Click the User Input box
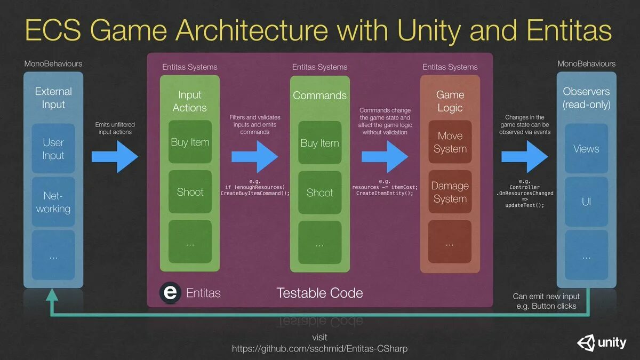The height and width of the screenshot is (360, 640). (53, 149)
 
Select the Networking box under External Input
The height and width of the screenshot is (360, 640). (53, 202)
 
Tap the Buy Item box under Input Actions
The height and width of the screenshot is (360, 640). (190, 142)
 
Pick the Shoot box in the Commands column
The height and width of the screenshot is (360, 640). (320, 193)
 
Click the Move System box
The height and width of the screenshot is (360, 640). (450, 142)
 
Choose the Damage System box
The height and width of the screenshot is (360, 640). (450, 192)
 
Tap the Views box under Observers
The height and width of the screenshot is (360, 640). (586, 149)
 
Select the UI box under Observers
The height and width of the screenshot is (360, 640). (586, 202)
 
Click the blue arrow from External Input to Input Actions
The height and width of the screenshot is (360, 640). (115, 156)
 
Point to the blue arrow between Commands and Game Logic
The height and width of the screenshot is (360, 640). (385, 156)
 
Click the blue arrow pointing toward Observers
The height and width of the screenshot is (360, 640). (524, 156)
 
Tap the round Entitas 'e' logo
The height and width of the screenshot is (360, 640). (170, 293)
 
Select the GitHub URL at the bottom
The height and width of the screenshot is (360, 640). (319, 349)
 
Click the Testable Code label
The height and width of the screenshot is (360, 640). (319, 293)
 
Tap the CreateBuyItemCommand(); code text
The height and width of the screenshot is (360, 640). (255, 193)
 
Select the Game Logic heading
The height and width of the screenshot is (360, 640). (450, 101)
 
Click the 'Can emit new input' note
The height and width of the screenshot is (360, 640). (546, 296)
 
